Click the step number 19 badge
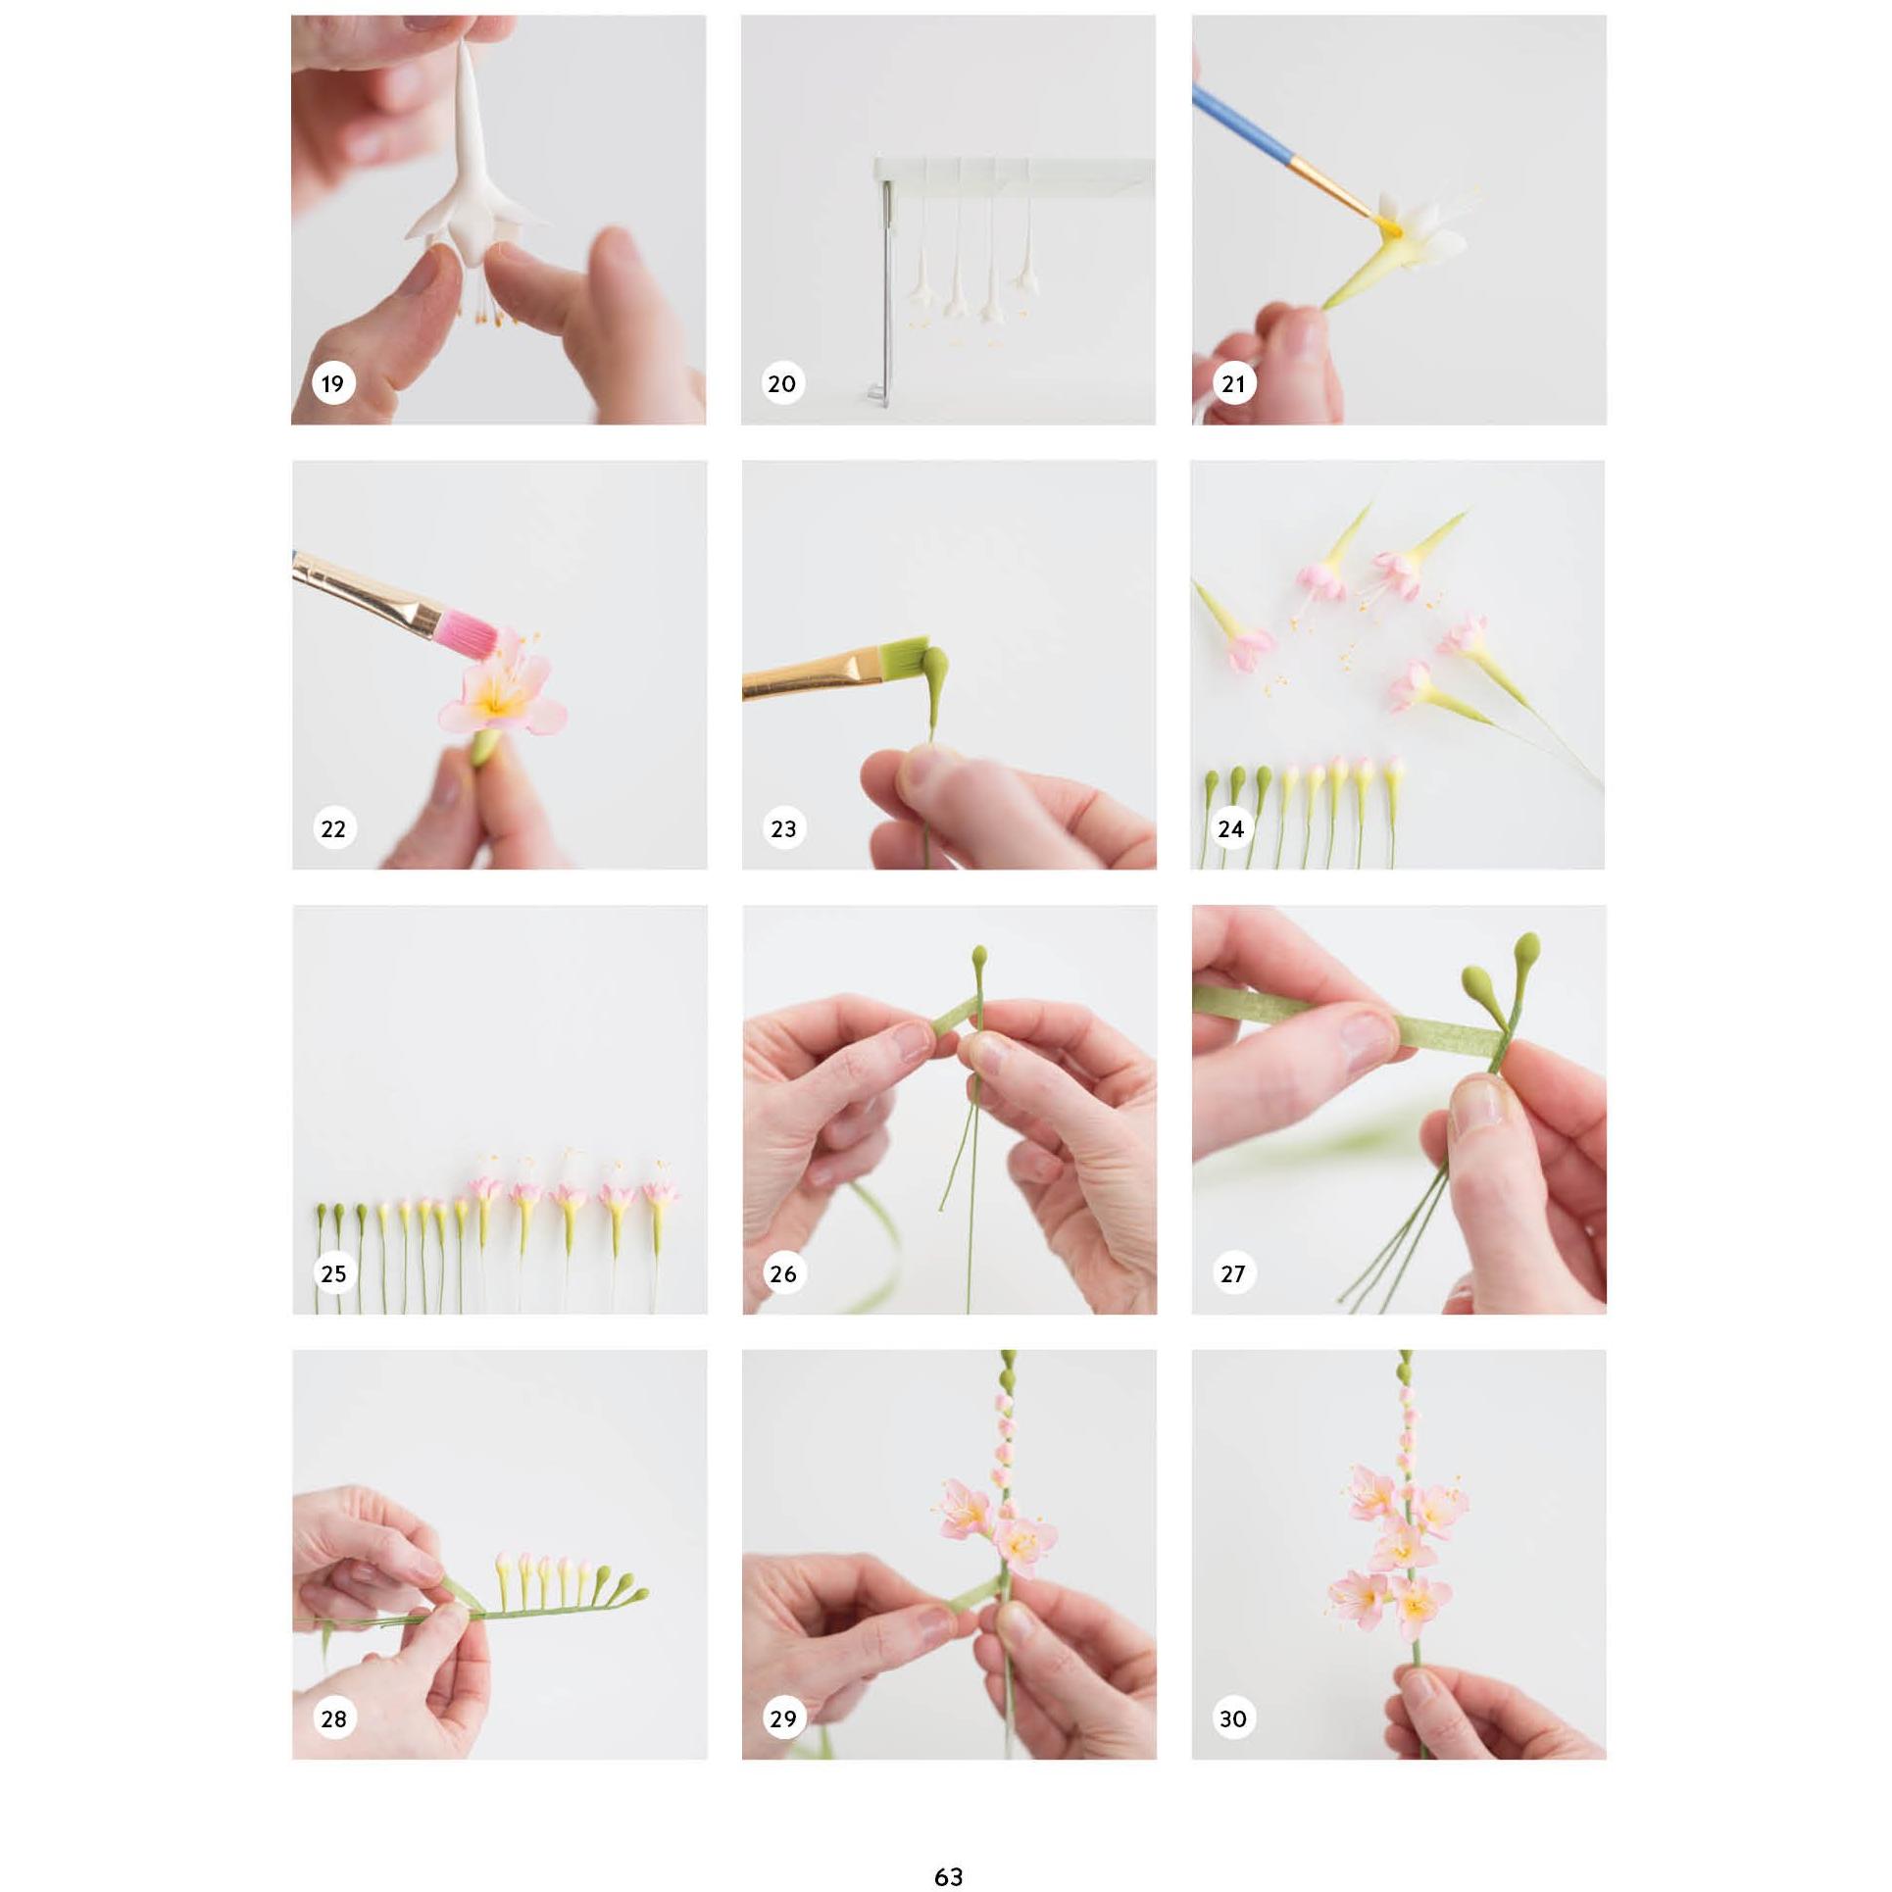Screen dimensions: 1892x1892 (333, 383)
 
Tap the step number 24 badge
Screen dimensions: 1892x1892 (1231, 828)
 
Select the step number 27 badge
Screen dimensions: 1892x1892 (1232, 1273)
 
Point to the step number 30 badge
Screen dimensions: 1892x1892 (1232, 1718)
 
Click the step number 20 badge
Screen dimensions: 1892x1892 (782, 383)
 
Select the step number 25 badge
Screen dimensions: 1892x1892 (333, 1273)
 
